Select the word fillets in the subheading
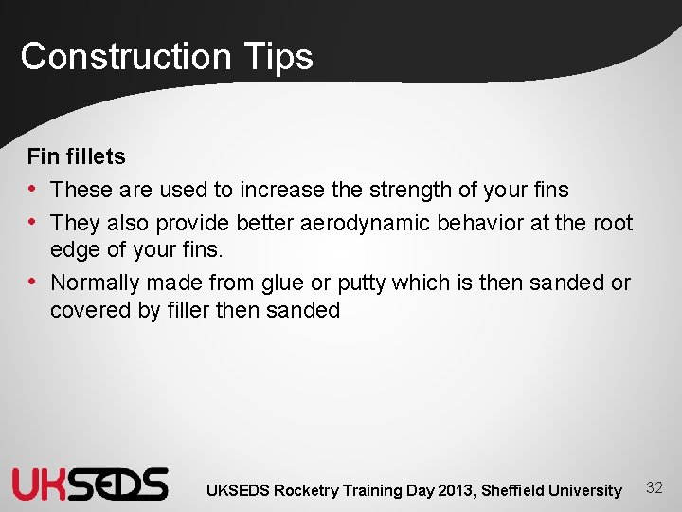point(92,155)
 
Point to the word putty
point(355,283)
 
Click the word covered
point(91,310)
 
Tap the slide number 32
point(654,487)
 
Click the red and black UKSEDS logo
point(90,485)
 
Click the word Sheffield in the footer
point(513,490)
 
